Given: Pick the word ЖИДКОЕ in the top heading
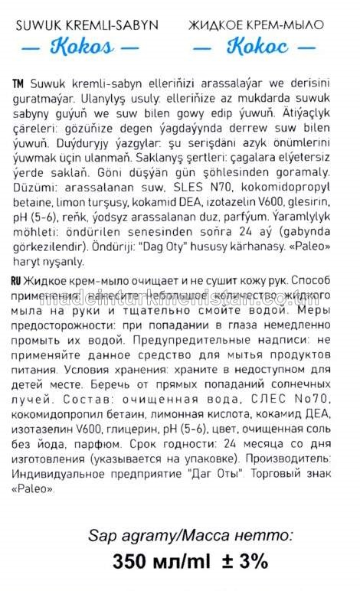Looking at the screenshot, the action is pyautogui.click(x=211, y=25).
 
